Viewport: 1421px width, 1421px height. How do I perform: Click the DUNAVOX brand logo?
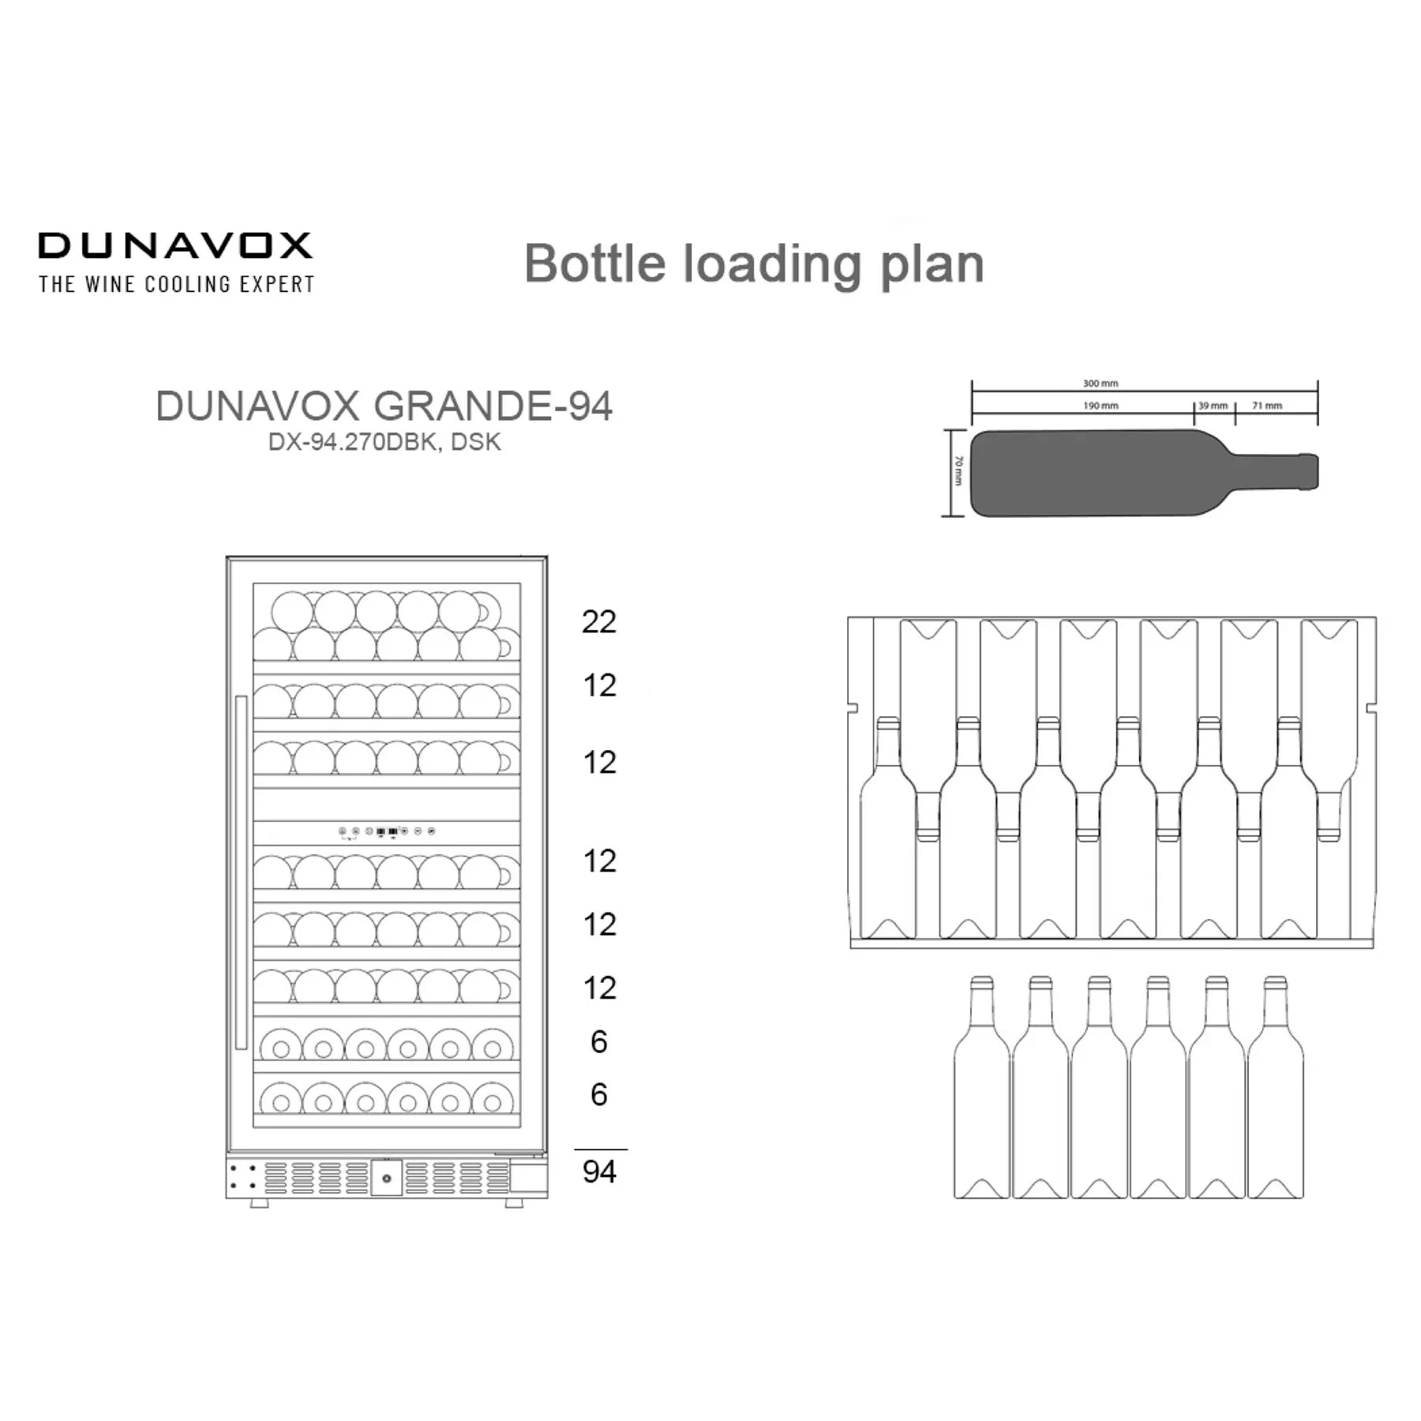pyautogui.click(x=175, y=246)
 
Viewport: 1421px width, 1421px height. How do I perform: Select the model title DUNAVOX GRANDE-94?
pyautogui.click(x=384, y=407)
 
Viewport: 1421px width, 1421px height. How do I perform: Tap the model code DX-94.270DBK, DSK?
pyautogui.click(x=384, y=442)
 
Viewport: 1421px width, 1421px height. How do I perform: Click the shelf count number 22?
pyautogui.click(x=598, y=622)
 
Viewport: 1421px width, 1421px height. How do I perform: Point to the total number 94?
pyautogui.click(x=599, y=1172)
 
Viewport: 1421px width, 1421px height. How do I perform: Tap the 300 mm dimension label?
pyautogui.click(x=1100, y=384)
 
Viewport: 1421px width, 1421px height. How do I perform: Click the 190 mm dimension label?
pyautogui.click(x=1100, y=406)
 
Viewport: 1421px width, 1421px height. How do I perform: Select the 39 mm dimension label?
pyautogui.click(x=1213, y=406)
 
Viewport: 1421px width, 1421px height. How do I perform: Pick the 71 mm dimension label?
pyautogui.click(x=1267, y=406)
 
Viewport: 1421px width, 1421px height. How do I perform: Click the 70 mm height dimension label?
pyautogui.click(x=958, y=471)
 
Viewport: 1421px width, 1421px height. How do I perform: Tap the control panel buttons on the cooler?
pyautogui.click(x=387, y=831)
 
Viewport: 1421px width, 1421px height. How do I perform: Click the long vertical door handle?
pyautogui.click(x=241, y=872)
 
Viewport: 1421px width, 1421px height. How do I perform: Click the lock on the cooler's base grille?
pyautogui.click(x=387, y=1179)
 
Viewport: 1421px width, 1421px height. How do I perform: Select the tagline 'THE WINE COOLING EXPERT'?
pyautogui.click(x=177, y=284)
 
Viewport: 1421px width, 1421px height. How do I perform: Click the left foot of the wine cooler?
pyautogui.click(x=259, y=1202)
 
